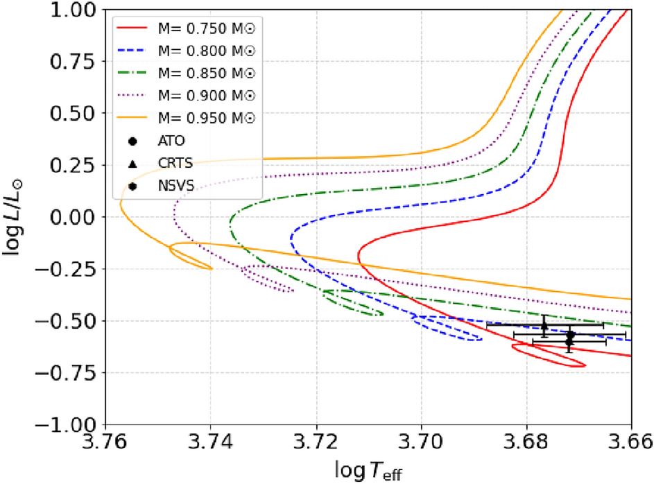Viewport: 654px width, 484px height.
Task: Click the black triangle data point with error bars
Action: (x=544, y=325)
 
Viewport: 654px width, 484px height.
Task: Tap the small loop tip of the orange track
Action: (x=210, y=268)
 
